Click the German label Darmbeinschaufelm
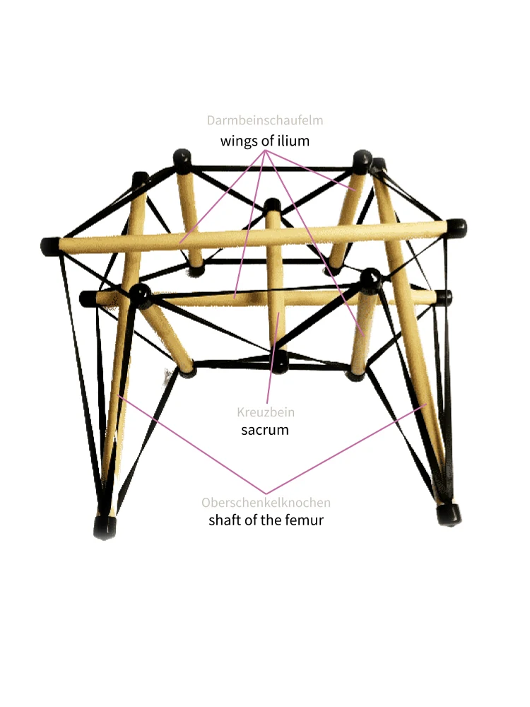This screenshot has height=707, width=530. pyautogui.click(x=265, y=121)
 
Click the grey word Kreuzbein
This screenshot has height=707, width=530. pyautogui.click(x=265, y=412)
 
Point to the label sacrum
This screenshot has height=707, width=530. pyautogui.click(x=265, y=429)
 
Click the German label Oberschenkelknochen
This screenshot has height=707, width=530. pyautogui.click(x=266, y=503)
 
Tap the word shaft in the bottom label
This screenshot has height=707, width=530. pyautogui.click(x=225, y=521)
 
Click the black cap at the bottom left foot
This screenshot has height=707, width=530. pyautogui.click(x=105, y=527)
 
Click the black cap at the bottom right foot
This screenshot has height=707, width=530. pyautogui.click(x=447, y=513)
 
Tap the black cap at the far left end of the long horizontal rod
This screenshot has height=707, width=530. pyautogui.click(x=50, y=246)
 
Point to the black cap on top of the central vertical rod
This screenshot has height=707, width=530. pyautogui.click(x=272, y=206)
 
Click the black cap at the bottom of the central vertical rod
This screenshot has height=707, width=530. pyautogui.click(x=281, y=361)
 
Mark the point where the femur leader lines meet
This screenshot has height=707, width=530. pyautogui.click(x=266, y=493)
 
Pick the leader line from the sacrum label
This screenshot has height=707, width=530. pyautogui.click(x=272, y=368)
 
